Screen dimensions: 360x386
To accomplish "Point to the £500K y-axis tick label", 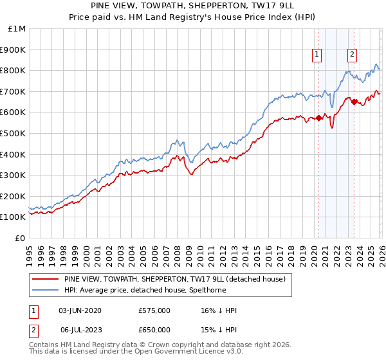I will (x=14, y=133).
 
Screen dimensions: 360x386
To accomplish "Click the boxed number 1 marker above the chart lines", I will (x=318, y=55).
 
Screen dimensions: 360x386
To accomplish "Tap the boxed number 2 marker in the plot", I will (x=353, y=55).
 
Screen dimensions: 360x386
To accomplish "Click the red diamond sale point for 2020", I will (x=318, y=118).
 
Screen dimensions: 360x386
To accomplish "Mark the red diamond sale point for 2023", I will (x=354, y=102).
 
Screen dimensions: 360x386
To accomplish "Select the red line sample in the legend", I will (x=44, y=279).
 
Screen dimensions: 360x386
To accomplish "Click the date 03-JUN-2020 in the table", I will (x=80, y=310).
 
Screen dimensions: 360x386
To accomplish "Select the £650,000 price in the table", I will (x=154, y=329).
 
